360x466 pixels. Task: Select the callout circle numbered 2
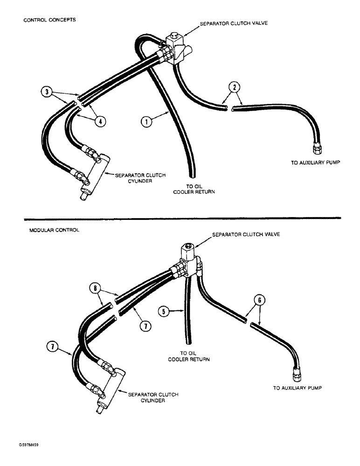point(235,87)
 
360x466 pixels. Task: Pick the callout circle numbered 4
point(99,121)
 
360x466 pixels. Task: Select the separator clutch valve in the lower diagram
point(188,256)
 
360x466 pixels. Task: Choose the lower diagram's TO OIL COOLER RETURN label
point(188,356)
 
